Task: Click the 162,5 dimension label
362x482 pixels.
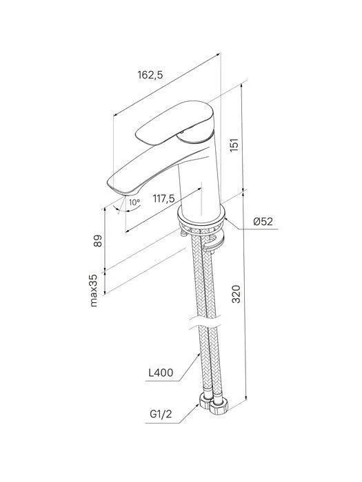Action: click(x=150, y=74)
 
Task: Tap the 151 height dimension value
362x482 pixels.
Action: click(x=234, y=145)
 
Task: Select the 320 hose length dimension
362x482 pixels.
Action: click(x=236, y=294)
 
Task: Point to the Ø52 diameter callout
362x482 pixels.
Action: click(x=263, y=221)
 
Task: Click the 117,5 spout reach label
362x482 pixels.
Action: click(x=164, y=199)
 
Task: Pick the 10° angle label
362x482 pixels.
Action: click(x=134, y=202)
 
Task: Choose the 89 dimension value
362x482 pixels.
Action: click(x=98, y=241)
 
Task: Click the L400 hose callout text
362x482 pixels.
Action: click(x=161, y=373)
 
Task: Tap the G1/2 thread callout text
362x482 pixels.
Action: click(x=161, y=415)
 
